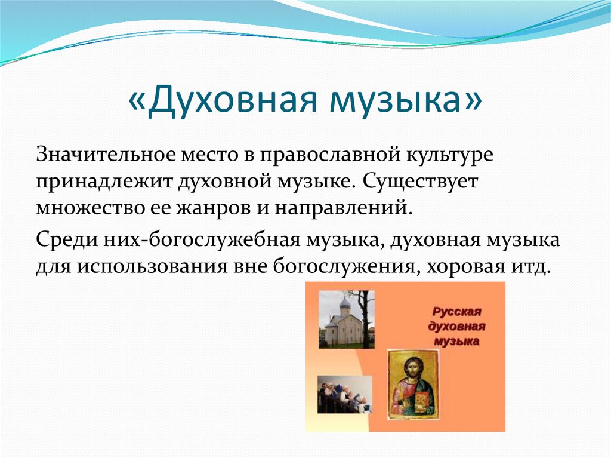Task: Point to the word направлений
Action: click(x=343, y=208)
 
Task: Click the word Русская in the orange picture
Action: click(x=456, y=312)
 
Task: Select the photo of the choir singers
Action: click(x=344, y=395)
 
